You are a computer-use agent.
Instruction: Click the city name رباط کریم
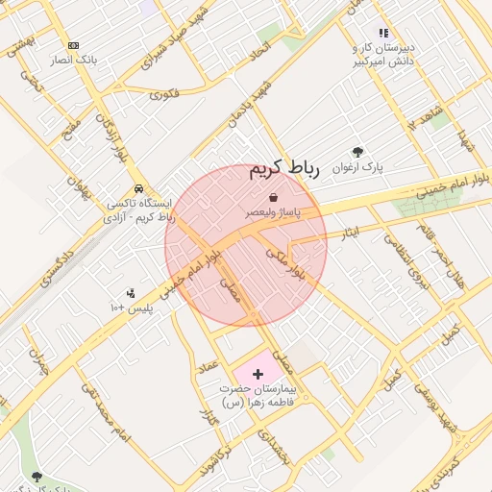283,170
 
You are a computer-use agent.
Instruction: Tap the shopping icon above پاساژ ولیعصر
274,196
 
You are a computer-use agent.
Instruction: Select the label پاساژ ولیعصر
274,210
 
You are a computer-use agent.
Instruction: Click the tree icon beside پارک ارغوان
358,152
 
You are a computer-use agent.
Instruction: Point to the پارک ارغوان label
357,167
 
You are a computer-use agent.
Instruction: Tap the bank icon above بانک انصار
73,45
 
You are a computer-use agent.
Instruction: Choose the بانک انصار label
73,60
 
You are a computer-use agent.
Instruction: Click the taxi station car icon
140,188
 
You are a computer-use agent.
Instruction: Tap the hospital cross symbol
258,373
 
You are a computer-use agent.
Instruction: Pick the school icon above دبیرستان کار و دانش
383,34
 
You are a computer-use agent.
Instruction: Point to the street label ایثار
349,233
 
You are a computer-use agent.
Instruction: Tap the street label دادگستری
57,266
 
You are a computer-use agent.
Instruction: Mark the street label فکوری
164,94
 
